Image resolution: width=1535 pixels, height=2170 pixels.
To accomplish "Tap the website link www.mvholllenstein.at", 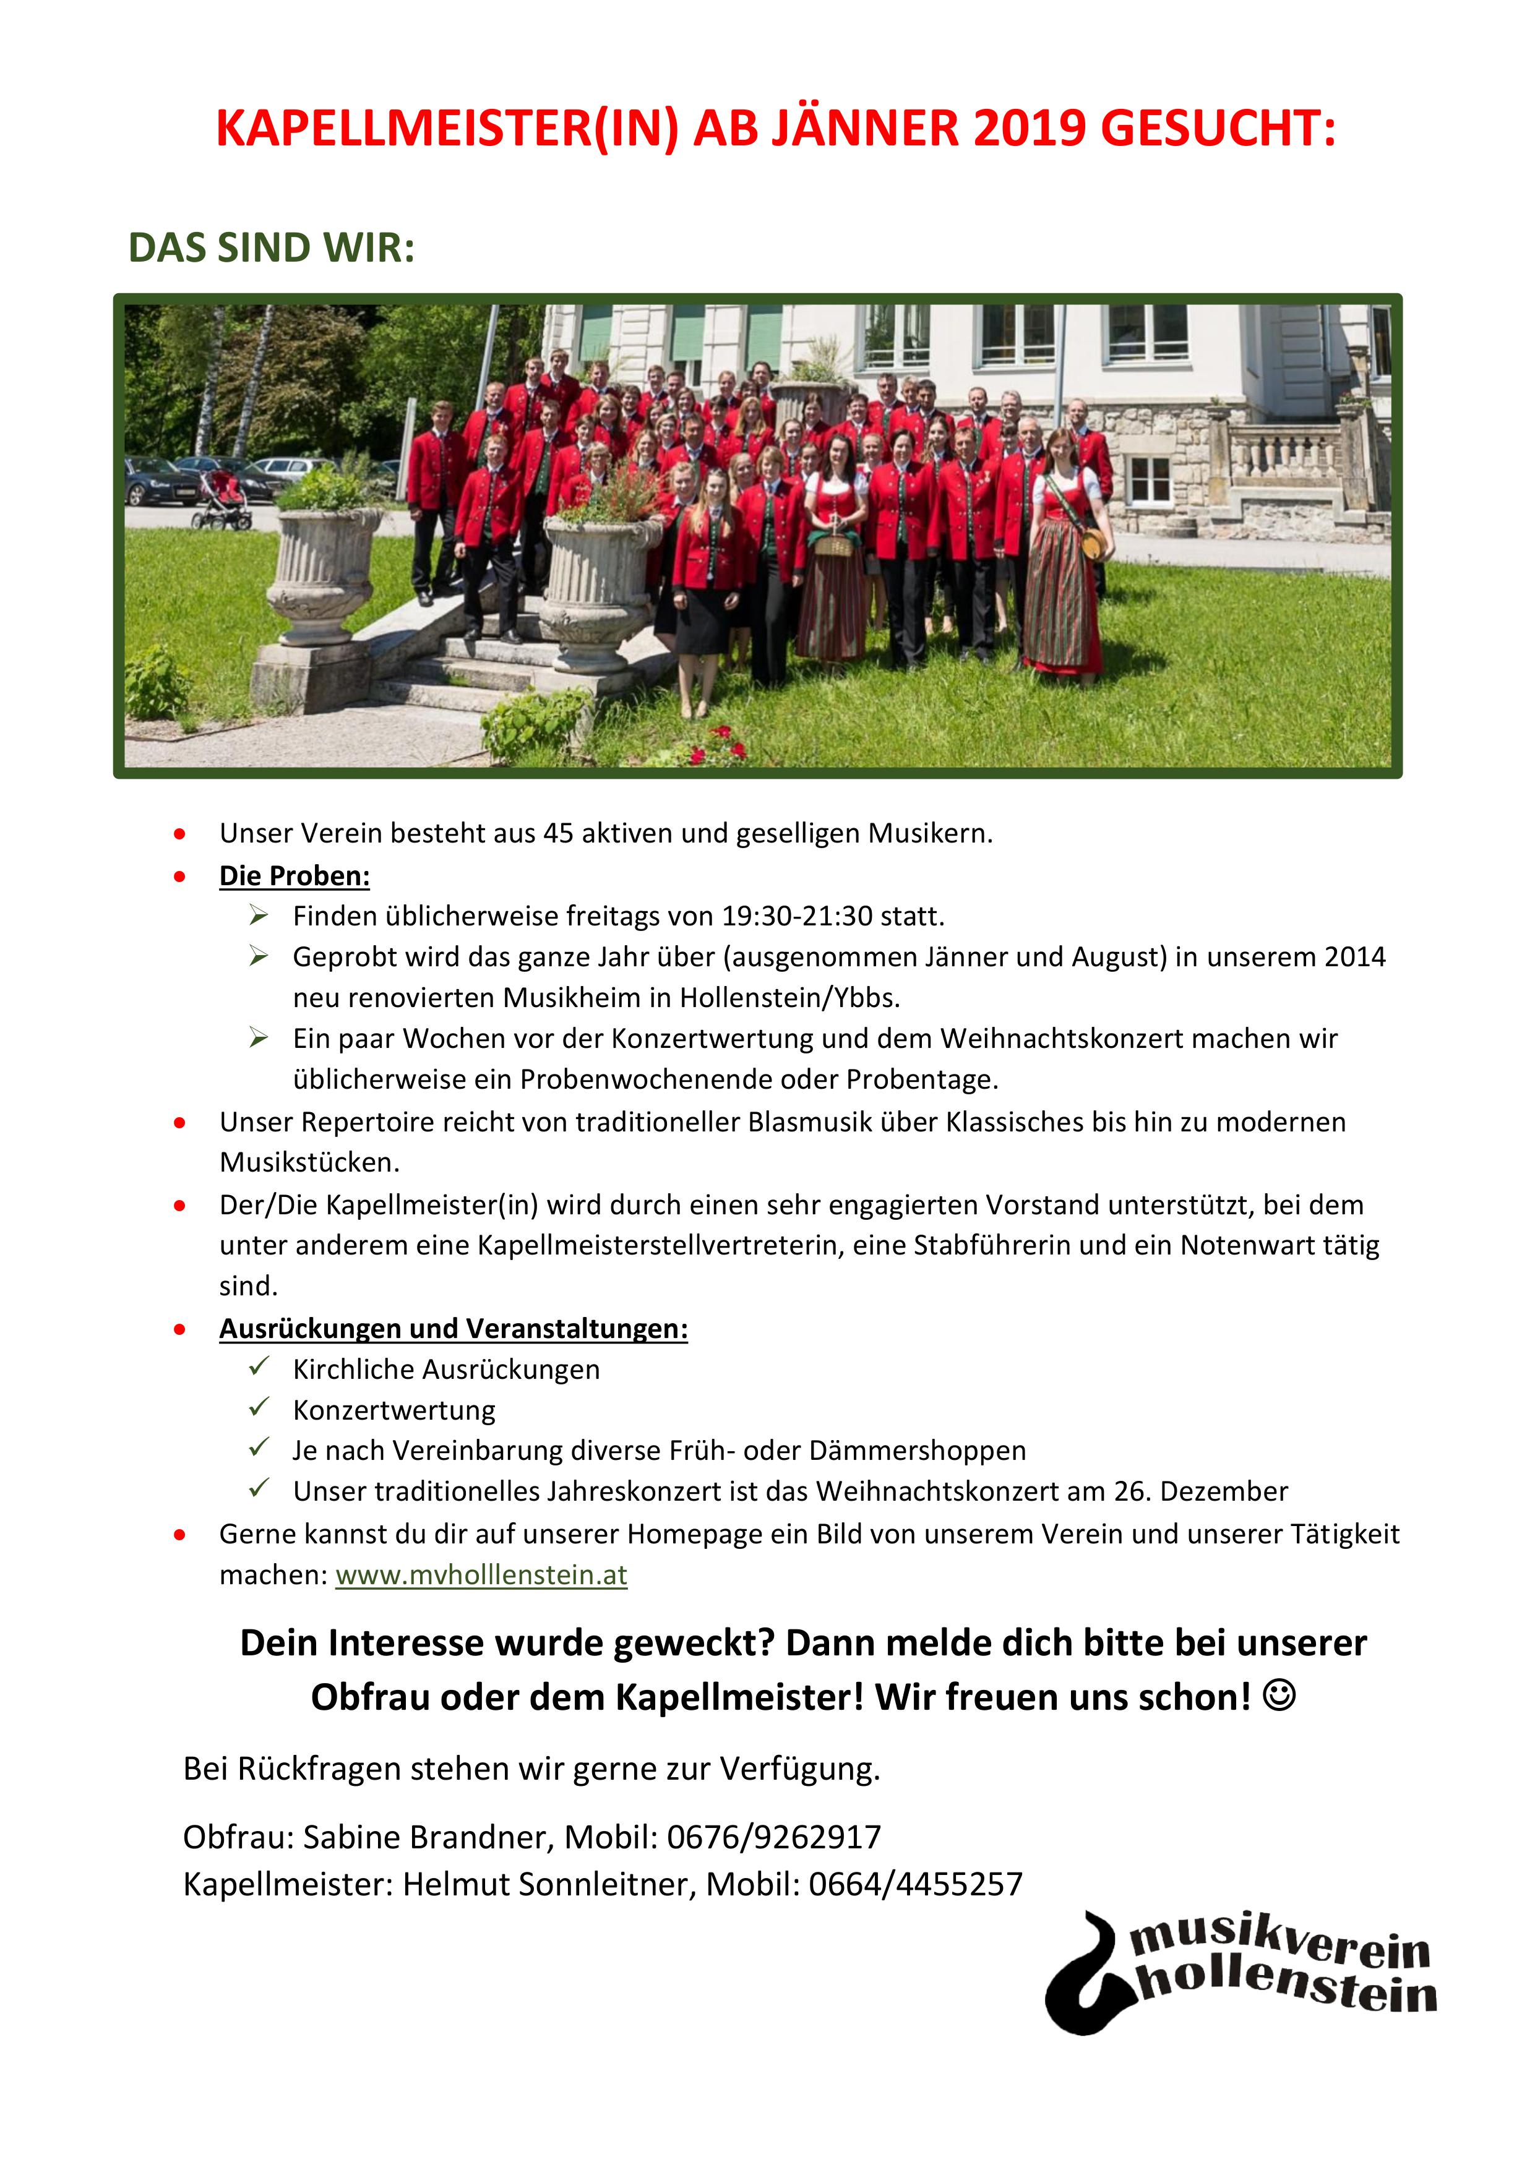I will (481, 1576).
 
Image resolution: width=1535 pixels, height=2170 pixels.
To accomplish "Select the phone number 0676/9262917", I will (773, 1837).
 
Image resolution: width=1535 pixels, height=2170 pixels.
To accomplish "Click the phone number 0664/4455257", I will (915, 1884).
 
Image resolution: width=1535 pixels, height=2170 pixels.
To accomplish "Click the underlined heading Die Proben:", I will (294, 876).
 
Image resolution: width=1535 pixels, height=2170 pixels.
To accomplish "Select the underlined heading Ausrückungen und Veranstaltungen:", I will (453, 1329).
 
